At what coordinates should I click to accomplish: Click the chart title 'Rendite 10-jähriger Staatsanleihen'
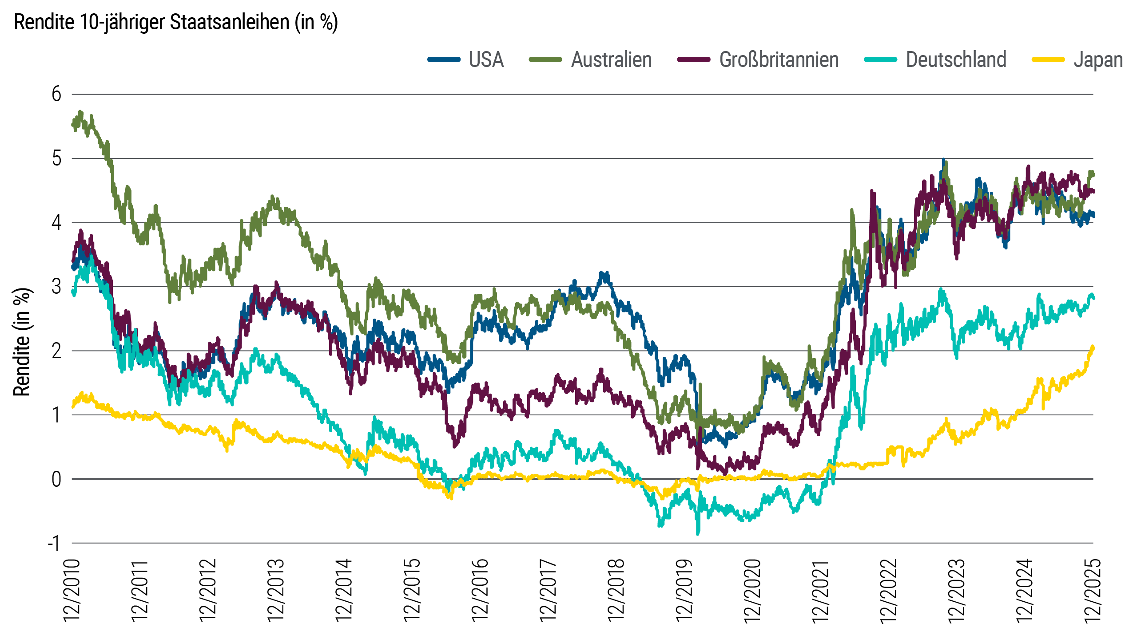[x=176, y=22]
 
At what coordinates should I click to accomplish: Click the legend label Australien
[x=611, y=60]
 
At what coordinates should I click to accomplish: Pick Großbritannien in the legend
[x=779, y=60]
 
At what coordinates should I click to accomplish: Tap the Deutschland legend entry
[x=956, y=60]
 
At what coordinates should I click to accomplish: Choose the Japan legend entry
[x=1098, y=60]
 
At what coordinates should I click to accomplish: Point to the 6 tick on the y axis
[x=56, y=95]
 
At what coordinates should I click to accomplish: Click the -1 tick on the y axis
[x=54, y=543]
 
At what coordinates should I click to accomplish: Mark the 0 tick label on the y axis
[x=56, y=479]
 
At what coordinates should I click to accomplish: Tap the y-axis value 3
[x=56, y=287]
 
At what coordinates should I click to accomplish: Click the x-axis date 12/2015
[x=412, y=590]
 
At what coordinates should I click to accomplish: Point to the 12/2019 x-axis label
[x=684, y=590]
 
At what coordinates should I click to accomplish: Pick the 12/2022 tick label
[x=888, y=590]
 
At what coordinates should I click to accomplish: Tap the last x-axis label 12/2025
[x=1093, y=590]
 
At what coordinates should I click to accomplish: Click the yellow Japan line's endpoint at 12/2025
[x=1093, y=347]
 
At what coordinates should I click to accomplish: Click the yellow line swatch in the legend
[x=1048, y=60]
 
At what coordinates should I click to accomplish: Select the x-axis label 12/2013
[x=276, y=590]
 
